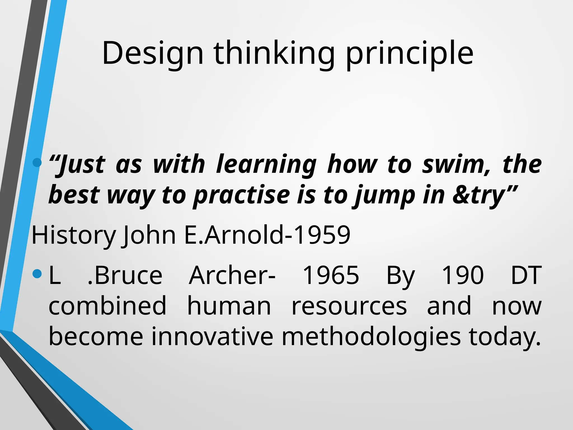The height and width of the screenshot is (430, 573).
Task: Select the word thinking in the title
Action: point(274,54)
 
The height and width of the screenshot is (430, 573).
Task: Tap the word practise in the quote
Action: point(242,195)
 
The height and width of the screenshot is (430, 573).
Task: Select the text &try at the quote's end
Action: point(479,195)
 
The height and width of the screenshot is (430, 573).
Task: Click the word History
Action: point(74,235)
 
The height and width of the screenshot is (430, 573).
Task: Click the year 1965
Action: point(331,275)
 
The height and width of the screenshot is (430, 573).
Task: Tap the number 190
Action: point(462,275)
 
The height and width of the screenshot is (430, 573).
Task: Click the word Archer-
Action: point(232,275)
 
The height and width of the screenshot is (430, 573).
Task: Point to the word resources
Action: point(349,306)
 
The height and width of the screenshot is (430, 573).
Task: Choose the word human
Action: point(229,306)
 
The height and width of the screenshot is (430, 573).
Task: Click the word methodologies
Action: point(371,337)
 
